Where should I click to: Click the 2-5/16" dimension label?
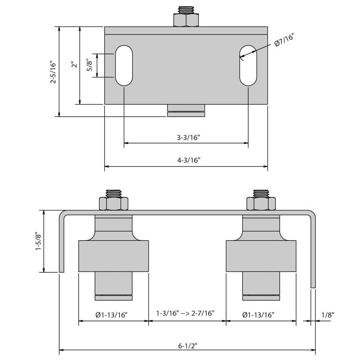click(53, 72)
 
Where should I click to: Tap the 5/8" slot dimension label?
click(90, 65)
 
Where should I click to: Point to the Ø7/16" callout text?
click(284, 40)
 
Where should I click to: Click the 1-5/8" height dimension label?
click(39, 241)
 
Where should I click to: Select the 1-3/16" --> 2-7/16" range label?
click(185, 313)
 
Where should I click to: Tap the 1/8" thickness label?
click(327, 315)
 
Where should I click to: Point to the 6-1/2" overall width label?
click(188, 346)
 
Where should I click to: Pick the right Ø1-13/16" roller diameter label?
click(258, 315)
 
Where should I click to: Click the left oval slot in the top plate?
click(124, 66)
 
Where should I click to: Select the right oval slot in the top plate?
click(248, 66)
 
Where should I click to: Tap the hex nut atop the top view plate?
click(186, 20)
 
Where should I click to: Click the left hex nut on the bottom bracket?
click(114, 204)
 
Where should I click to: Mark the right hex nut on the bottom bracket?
click(261, 204)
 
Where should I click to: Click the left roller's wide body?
click(113, 256)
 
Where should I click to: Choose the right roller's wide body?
click(261, 256)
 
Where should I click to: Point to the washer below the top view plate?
click(186, 114)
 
